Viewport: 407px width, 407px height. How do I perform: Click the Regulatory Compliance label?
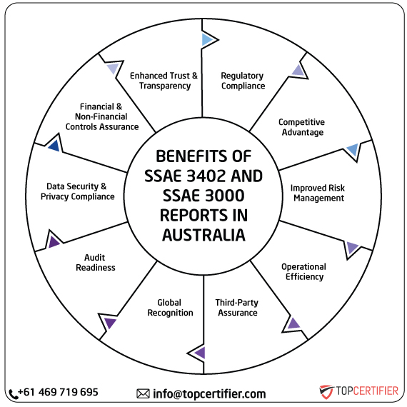242,81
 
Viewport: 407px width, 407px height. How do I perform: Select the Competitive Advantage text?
301,127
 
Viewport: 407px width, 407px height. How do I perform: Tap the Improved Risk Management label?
317,193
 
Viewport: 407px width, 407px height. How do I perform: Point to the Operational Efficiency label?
303,271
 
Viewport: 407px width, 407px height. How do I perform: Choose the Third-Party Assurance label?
236,308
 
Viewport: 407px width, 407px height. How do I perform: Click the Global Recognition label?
170,307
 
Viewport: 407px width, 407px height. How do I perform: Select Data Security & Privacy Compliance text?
77,191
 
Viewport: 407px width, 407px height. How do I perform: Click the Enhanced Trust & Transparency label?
164,80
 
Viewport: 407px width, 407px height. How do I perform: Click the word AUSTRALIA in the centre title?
203,234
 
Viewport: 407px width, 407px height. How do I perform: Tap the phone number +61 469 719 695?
59,392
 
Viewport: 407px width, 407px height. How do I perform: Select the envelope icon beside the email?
143,393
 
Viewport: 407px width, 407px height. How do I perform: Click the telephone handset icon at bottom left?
14,393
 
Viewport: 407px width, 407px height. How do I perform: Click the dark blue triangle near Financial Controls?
53,146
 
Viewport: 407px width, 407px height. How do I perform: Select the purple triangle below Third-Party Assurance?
199,352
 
